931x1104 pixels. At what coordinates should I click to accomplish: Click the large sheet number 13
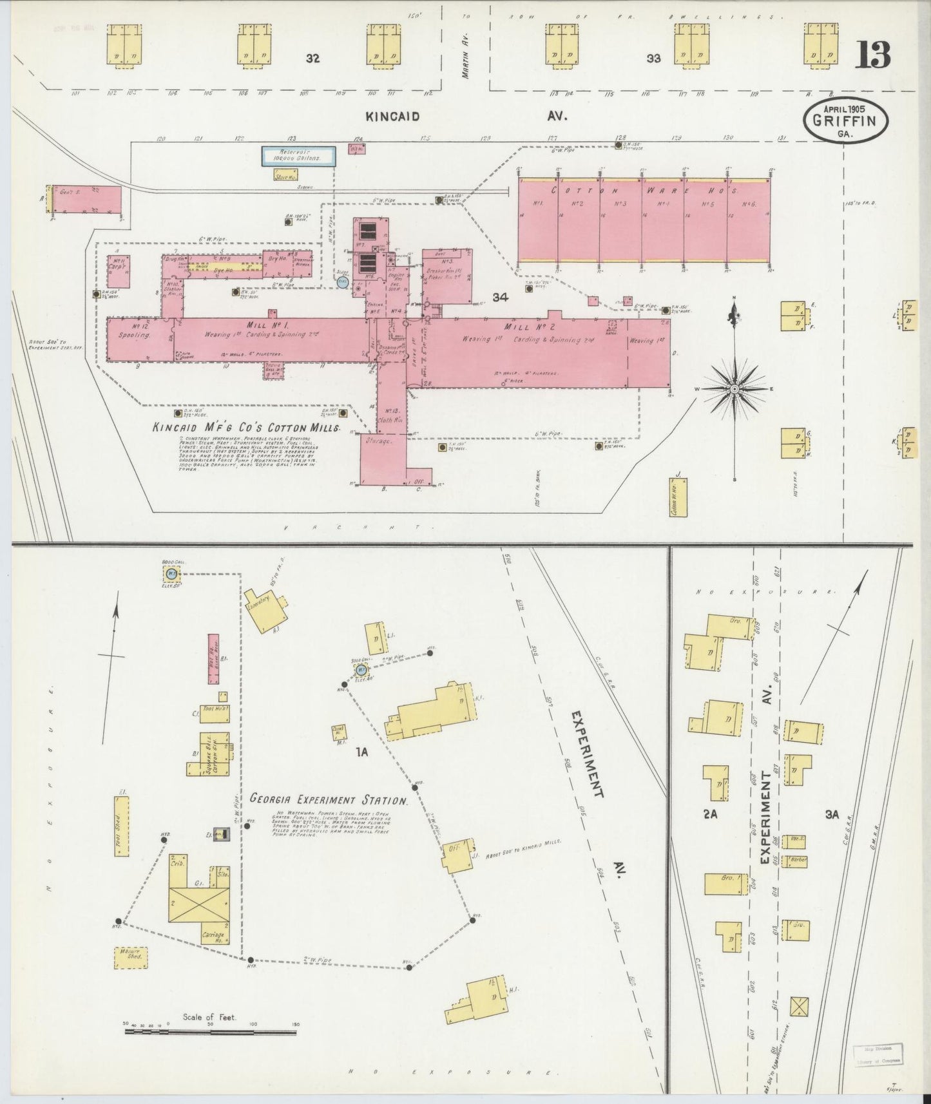point(873,55)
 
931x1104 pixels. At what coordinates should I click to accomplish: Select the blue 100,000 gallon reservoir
point(298,157)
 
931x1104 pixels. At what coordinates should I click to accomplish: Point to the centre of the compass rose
point(734,389)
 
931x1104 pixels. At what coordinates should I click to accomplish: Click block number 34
point(501,297)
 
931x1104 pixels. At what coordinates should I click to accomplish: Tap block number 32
point(313,59)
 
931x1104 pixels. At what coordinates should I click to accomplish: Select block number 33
point(653,59)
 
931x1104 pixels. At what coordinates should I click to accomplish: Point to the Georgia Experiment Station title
point(329,801)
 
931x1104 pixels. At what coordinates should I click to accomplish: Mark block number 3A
point(832,814)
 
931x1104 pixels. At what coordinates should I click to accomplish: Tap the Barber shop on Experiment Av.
point(796,861)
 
